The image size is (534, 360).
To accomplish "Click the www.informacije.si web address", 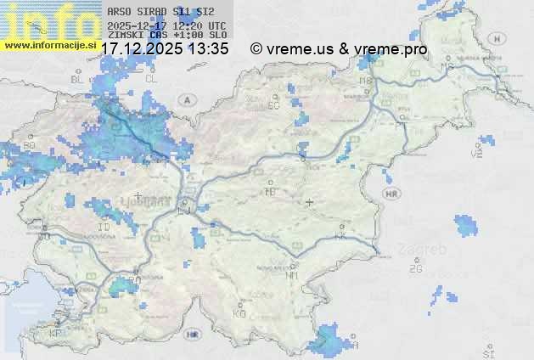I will [x=48, y=44].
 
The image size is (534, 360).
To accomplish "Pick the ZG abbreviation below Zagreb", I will [x=415, y=269].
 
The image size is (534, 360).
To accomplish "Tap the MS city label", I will [x=447, y=66].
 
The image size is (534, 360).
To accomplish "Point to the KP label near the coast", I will [x=56, y=333].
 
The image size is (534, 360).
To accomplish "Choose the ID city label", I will [x=104, y=228].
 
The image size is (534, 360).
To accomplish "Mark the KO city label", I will [x=239, y=313].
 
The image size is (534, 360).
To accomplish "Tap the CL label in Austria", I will [x=151, y=78].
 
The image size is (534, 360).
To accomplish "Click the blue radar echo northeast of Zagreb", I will [x=465, y=225].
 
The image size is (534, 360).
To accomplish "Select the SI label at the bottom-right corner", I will [x=488, y=352].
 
